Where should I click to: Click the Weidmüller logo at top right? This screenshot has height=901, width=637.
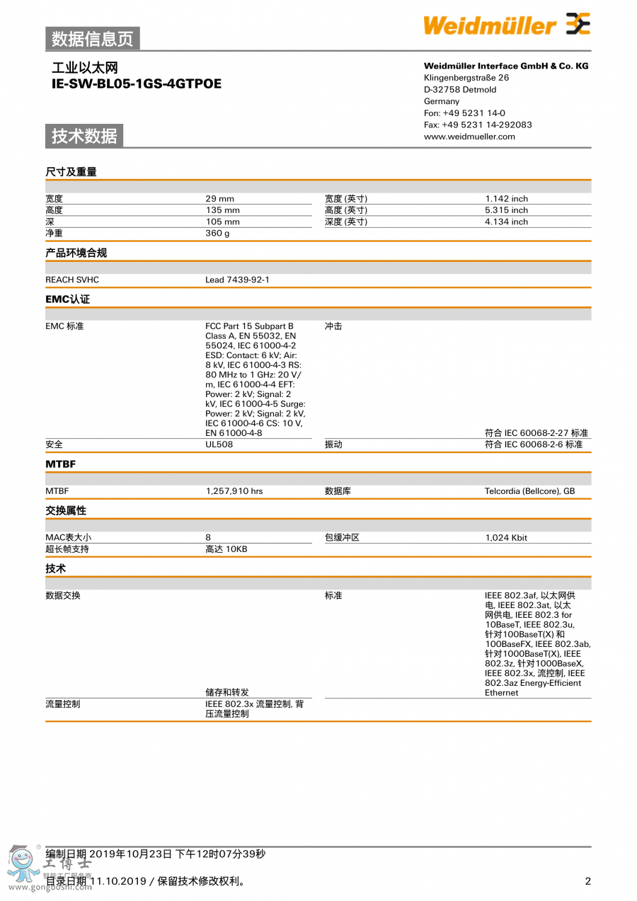(506, 25)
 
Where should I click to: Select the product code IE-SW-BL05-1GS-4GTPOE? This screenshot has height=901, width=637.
(137, 84)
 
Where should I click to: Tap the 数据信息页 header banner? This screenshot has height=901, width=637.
(93, 39)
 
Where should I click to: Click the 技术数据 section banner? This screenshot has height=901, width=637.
(84, 136)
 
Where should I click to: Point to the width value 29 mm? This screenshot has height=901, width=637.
(219, 199)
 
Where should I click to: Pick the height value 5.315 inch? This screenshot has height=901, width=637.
(506, 210)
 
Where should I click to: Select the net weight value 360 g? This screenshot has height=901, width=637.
(217, 233)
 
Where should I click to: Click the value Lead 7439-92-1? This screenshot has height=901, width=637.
(237, 280)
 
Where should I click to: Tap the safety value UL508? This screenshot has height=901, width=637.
(219, 444)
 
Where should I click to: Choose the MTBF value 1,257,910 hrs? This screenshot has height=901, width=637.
(234, 491)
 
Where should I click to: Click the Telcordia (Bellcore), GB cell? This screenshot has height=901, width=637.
(529, 491)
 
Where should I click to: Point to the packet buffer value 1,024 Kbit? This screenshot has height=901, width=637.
(506, 538)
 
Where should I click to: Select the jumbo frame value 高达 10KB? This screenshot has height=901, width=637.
(226, 549)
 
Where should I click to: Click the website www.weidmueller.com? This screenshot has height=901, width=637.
(469, 137)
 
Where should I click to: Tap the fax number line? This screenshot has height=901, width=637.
(478, 125)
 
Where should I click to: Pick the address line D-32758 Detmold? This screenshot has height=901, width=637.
(460, 90)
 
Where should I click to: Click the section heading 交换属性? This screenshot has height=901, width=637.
(66, 510)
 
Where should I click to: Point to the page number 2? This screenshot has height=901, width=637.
(587, 881)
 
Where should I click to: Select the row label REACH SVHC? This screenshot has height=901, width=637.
(72, 280)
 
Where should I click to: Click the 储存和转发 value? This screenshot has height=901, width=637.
(226, 692)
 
